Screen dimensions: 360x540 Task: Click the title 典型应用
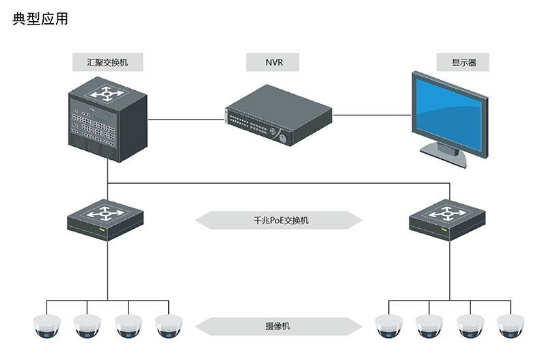40,19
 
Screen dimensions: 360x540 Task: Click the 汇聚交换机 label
108,62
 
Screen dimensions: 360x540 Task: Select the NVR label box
273,62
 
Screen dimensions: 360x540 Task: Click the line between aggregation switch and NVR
186,119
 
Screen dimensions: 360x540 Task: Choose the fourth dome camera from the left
169,327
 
